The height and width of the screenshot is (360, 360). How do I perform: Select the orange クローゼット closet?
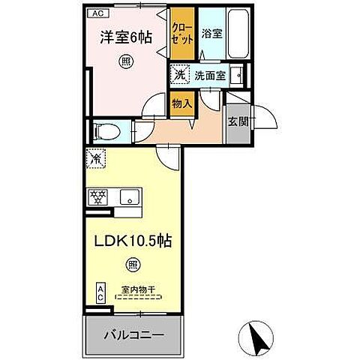tap(183, 34)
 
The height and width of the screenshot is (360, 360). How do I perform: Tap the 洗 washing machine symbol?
tap(179, 75)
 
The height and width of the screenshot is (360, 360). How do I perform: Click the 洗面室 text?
tap(209, 75)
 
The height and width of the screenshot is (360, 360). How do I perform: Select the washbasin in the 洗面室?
tap(237, 75)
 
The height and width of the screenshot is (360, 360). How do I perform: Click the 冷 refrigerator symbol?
tap(96, 159)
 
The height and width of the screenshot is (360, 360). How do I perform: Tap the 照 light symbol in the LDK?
tap(132, 265)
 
